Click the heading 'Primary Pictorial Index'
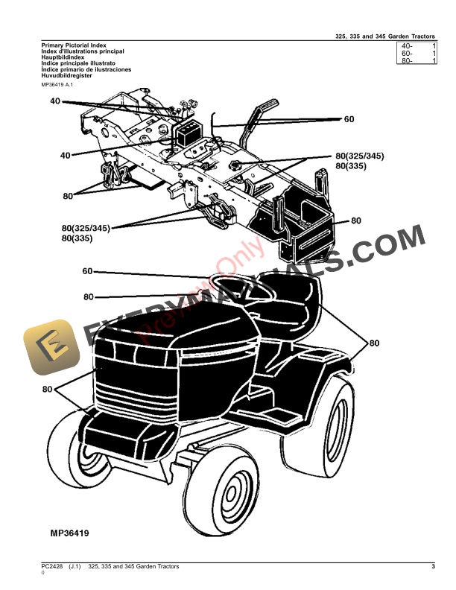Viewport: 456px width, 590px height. click(x=74, y=45)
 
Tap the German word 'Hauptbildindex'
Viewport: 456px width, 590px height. click(x=63, y=57)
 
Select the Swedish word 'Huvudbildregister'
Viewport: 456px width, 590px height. click(x=68, y=75)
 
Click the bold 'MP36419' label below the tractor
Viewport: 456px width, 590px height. click(x=74, y=533)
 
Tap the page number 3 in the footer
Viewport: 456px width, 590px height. click(x=433, y=568)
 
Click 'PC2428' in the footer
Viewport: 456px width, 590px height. click(x=53, y=568)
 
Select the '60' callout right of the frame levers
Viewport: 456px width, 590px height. click(x=349, y=118)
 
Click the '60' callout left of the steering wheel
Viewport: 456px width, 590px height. click(x=87, y=271)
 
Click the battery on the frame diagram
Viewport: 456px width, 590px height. click(x=189, y=134)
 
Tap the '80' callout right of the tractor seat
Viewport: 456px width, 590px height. click(x=373, y=343)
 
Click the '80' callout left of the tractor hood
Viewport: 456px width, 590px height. click(x=48, y=389)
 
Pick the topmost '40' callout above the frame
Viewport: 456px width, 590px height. click(x=56, y=100)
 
